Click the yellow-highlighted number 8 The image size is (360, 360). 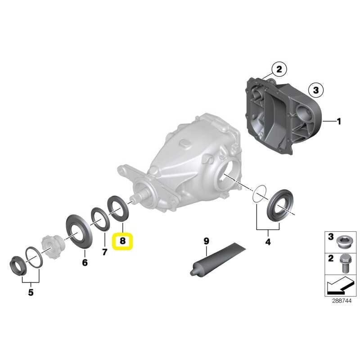(x=122, y=241)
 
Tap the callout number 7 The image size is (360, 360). (x=105, y=252)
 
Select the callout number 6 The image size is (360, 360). (x=85, y=262)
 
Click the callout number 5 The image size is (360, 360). (x=31, y=292)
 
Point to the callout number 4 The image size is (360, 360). (x=268, y=242)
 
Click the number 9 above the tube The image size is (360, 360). (x=207, y=241)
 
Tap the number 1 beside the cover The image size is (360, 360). (x=339, y=121)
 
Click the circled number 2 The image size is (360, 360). (x=279, y=69)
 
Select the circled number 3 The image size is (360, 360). (x=316, y=90)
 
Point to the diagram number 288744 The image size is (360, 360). (x=342, y=301)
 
